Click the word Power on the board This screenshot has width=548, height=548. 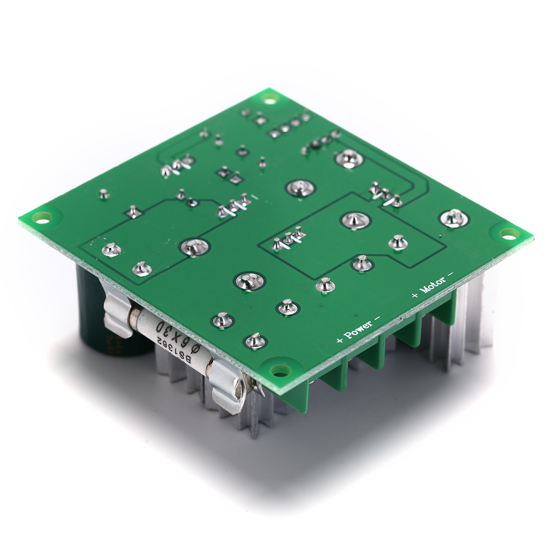(x=358, y=329)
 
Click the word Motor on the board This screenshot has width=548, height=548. (x=433, y=285)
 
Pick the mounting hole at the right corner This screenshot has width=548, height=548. (x=509, y=234)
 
